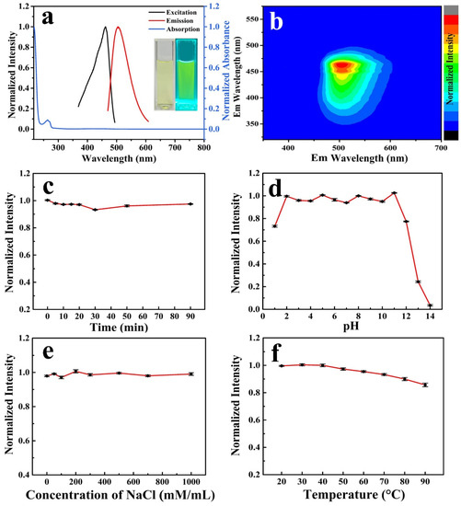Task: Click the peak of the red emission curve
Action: click(118, 28)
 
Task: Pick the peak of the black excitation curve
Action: click(105, 28)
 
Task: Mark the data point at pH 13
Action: click(418, 282)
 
